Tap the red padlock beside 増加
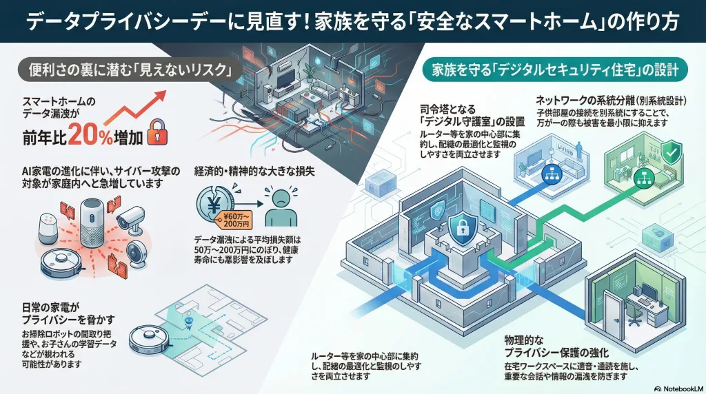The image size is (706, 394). pos(157,133)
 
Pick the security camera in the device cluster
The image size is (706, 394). pos(130,220)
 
